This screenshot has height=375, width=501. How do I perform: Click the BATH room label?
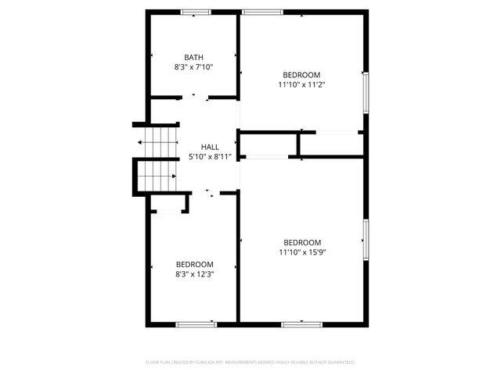[194, 57]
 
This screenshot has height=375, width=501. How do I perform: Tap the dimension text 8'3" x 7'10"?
[194, 67]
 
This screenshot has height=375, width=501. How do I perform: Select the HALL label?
[210, 147]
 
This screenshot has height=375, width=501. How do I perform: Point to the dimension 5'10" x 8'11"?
[210, 157]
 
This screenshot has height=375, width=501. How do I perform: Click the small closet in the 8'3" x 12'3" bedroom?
[168, 204]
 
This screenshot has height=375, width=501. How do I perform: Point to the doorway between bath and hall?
[195, 98]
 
